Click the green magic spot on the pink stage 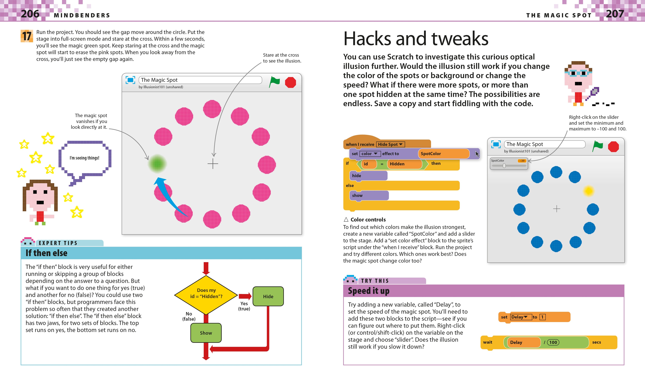(157, 164)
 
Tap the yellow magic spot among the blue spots (589, 191)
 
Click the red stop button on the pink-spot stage (290, 82)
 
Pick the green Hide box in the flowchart (268, 296)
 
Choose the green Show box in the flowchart (206, 333)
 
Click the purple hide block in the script (368, 176)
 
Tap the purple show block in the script (369, 195)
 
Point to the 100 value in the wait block (553, 342)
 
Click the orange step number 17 (27, 36)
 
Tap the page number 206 (30, 14)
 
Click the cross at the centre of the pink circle (213, 164)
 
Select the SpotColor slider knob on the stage (504, 166)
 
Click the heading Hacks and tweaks (415, 39)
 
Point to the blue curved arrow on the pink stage (169, 195)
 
